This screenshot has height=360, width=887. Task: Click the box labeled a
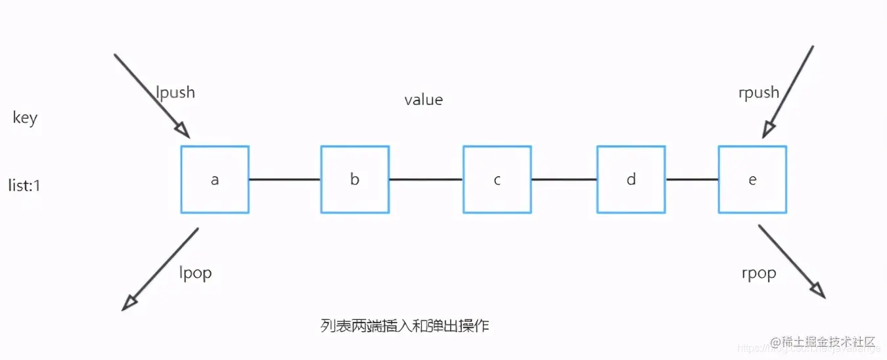[215, 179]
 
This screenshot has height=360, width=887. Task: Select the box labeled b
[355, 179]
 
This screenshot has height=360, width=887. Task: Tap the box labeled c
[497, 179]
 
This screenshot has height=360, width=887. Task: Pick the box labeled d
[631, 179]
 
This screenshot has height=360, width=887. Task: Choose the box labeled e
[752, 179]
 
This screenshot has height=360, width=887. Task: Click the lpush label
[175, 92]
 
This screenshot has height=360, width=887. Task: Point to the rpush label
[759, 93]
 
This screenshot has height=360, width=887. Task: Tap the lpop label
[195, 272]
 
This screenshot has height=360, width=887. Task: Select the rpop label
[758, 273]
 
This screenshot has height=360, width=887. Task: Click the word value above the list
[423, 100]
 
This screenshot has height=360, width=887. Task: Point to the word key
[25, 118]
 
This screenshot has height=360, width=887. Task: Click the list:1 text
[24, 186]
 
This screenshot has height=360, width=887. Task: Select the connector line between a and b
[284, 179]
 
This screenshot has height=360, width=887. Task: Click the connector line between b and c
[426, 179]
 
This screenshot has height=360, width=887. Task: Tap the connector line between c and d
[564, 179]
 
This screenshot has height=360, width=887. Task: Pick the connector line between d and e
[692, 179]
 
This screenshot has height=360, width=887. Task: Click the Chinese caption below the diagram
[405, 325]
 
